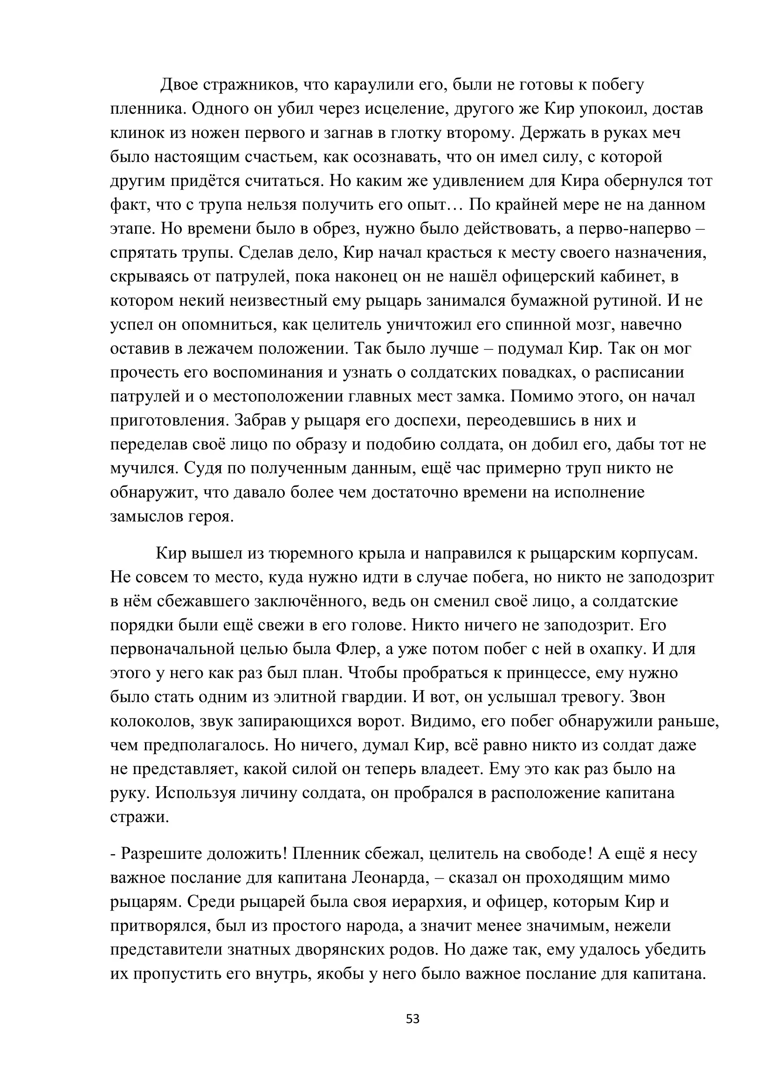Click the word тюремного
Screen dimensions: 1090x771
coord(312,554)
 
